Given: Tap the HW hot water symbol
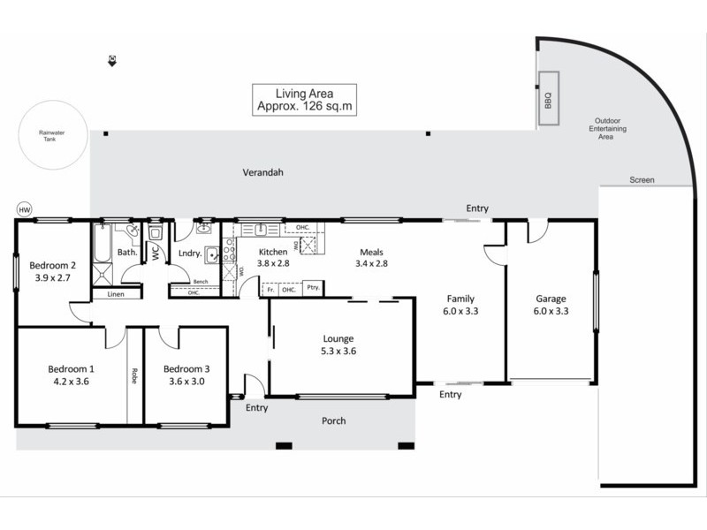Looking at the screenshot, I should (24, 209).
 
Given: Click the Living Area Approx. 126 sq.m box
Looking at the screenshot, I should (304, 99).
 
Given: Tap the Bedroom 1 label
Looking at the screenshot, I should (72, 368).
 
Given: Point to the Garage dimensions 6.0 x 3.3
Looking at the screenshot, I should (550, 311).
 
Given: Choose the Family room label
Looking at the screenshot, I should (460, 299).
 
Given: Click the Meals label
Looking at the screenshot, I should (371, 252).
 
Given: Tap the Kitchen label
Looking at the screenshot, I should (273, 252).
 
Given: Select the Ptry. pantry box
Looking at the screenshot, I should (312, 288).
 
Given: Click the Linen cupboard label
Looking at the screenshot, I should (115, 294).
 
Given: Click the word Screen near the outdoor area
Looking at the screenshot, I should (642, 180).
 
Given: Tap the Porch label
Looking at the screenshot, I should (334, 420).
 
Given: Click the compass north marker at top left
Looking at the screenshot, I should (112, 60).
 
